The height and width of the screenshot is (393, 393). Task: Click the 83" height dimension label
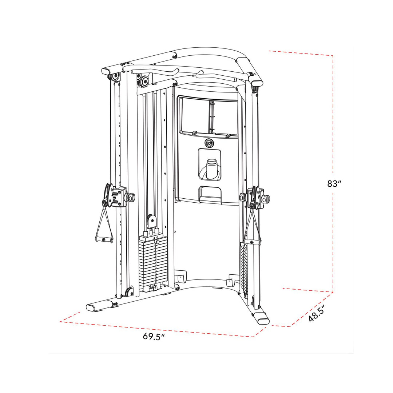point(334,184)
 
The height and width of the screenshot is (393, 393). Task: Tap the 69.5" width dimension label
point(154,346)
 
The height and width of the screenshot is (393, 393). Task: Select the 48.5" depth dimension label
point(317,313)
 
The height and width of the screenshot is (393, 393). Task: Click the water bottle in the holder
point(211,168)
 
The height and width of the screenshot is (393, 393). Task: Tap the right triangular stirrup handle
point(253,229)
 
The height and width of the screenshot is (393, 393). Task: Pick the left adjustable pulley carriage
point(116,196)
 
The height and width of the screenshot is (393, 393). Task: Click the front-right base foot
point(262,318)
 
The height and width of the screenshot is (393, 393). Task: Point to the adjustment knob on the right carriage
point(266,199)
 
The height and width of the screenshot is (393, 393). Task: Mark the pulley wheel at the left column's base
point(128,291)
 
